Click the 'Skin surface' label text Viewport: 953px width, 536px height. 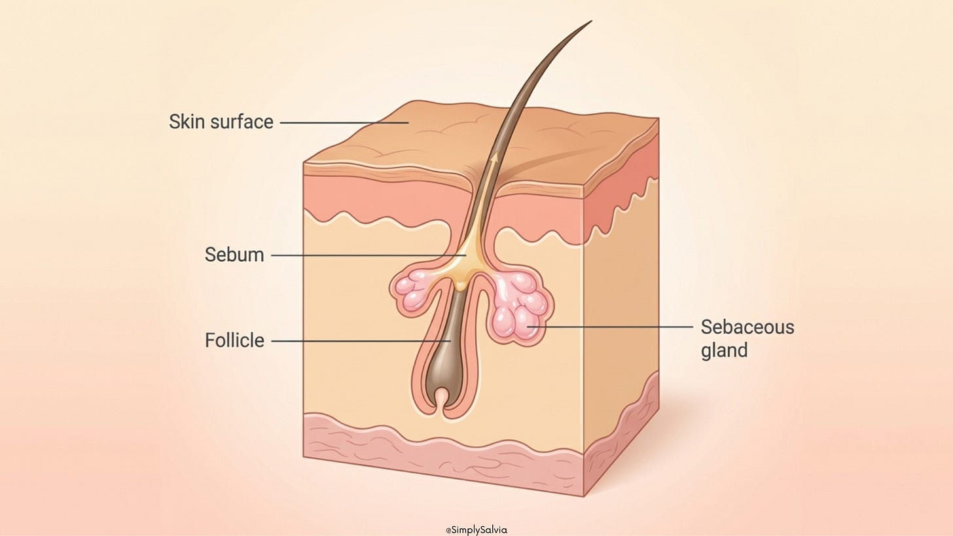pyautogui.click(x=221, y=122)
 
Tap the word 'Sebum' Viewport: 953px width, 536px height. pyautogui.click(x=234, y=255)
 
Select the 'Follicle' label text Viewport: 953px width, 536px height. pyautogui.click(x=234, y=340)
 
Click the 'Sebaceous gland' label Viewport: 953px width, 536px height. pyautogui.click(x=747, y=338)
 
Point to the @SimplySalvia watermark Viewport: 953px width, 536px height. pyautogui.click(x=476, y=529)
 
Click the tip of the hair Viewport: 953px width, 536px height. pyautogui.click(x=590, y=22)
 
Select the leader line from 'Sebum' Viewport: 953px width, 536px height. pyautogui.click(x=367, y=255)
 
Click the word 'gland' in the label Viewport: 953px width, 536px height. pyautogui.click(x=724, y=350)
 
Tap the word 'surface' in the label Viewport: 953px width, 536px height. pyautogui.click(x=243, y=122)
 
